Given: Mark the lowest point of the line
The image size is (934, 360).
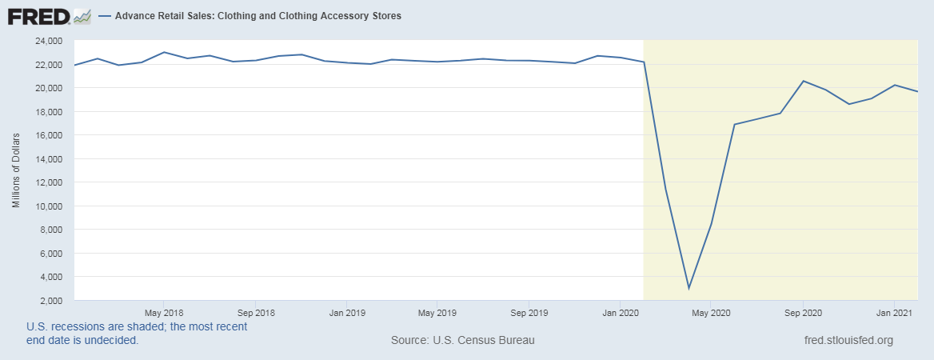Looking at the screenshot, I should [689, 289].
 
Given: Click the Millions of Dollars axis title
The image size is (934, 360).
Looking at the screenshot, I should [15, 170].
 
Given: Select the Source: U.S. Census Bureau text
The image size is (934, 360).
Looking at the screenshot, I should [462, 340].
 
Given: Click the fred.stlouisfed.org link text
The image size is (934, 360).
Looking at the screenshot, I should [848, 340].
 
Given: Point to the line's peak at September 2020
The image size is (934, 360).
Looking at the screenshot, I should [802, 81].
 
